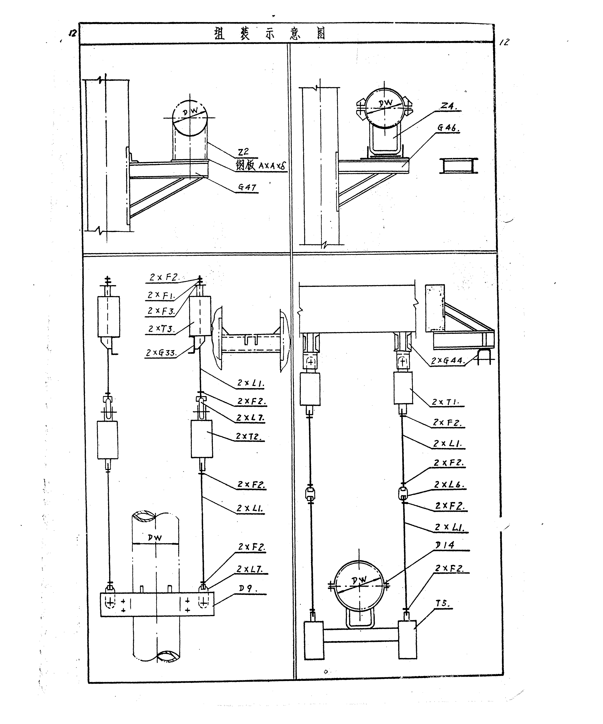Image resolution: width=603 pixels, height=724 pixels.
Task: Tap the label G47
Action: point(247,187)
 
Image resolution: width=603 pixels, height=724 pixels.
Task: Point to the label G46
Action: point(448,128)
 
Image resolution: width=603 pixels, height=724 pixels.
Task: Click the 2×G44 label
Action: point(448,361)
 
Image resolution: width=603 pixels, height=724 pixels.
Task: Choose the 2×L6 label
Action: point(449,484)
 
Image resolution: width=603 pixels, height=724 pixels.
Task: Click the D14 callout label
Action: point(445,545)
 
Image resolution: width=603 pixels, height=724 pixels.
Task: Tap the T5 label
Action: point(442,603)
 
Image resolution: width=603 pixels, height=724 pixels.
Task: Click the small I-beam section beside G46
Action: point(458,166)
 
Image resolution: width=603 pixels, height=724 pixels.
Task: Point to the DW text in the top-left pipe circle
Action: point(190,111)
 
